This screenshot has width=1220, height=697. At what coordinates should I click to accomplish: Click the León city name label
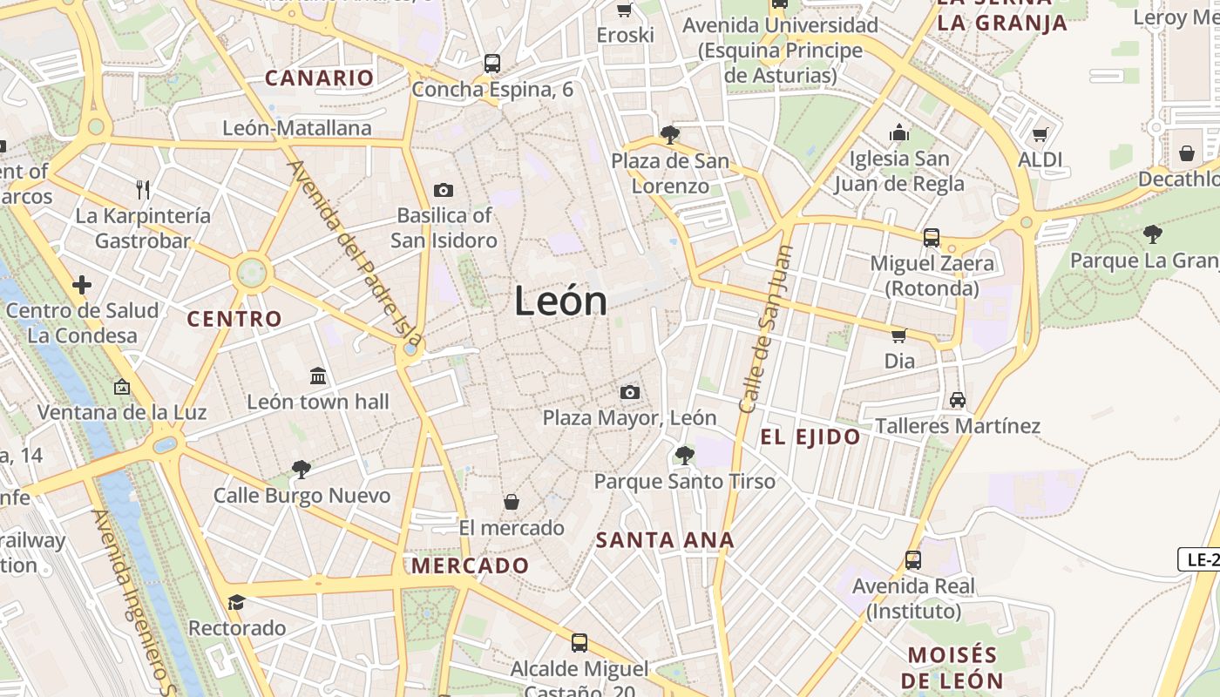point(560,301)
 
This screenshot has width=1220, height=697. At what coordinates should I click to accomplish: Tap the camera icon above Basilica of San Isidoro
point(443,190)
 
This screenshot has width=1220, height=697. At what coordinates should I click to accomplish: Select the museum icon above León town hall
point(318,376)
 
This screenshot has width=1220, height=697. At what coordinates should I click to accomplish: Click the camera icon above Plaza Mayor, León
point(629,393)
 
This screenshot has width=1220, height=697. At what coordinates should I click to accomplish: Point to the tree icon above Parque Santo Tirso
point(684,455)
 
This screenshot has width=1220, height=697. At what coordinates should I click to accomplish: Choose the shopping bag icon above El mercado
point(512,503)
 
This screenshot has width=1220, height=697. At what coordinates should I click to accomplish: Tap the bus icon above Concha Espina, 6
point(492,64)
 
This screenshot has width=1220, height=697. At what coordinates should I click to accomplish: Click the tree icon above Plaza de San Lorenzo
point(669,135)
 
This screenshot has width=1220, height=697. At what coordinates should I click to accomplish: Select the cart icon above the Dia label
point(898,336)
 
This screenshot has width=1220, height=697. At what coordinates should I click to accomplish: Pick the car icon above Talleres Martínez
point(957,400)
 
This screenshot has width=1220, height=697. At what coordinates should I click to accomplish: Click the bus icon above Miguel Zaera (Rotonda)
point(931,237)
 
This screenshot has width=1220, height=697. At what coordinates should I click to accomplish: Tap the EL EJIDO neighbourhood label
point(810,437)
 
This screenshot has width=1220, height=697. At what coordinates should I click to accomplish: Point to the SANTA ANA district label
point(665,540)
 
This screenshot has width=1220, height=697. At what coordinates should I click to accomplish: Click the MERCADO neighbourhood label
point(471,566)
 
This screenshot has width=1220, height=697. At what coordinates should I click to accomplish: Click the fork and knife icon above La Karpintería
point(143,189)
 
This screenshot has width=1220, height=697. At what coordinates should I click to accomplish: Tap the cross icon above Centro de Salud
point(82,285)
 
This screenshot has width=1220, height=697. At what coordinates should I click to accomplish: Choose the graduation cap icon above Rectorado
point(236,602)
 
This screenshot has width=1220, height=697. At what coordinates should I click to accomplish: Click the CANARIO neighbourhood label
point(319,78)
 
